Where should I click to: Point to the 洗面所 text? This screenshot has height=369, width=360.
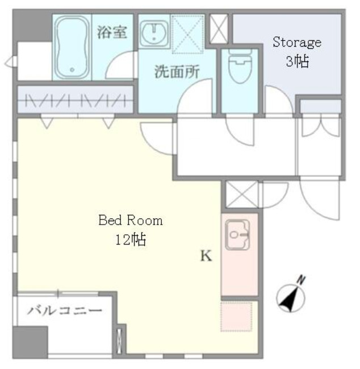tap(174, 72)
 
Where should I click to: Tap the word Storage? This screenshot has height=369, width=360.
tap(296, 42)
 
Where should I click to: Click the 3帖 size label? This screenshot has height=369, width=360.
tap(296, 61)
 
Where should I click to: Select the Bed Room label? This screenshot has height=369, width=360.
tap(130, 221)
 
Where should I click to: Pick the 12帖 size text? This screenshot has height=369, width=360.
tap(130, 239)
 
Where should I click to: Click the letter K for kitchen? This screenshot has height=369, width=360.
tap(205, 256)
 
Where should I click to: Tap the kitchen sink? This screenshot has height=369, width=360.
tap(238, 235)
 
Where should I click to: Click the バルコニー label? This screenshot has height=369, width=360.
tap(65, 311)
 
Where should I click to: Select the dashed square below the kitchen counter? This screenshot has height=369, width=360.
tap(236, 316)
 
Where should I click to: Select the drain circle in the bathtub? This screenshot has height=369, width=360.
tap(72, 71)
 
